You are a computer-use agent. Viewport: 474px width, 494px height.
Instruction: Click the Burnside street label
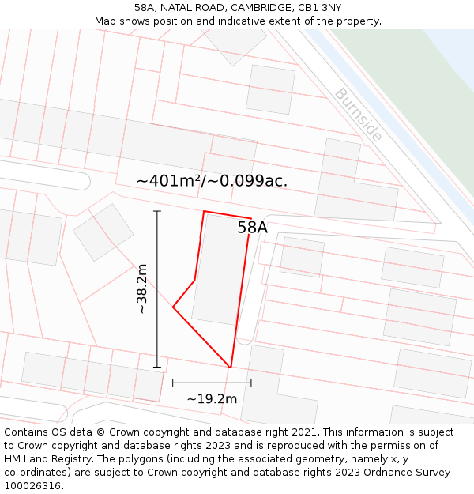pos(358,115)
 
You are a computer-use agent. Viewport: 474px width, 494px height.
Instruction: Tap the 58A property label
pos(252,228)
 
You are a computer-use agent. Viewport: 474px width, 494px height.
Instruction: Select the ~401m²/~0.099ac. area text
pos(212,181)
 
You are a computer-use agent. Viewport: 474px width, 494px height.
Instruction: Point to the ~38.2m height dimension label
pos(142,288)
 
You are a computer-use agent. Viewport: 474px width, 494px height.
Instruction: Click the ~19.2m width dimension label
pos(212,399)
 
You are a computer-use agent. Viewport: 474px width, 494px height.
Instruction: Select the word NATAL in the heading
pos(178,8)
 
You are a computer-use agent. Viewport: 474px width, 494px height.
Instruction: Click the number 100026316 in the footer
pos(32,486)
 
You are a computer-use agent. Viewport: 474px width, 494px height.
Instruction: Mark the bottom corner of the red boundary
pos(230,367)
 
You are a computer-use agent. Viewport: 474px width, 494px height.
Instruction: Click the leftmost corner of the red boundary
pos(173,307)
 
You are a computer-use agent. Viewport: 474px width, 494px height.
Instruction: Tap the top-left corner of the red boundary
pos(204,211)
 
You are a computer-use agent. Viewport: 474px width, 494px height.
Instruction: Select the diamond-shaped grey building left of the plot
pos(103,232)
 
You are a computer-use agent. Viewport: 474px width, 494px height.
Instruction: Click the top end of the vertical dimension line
pos(157,211)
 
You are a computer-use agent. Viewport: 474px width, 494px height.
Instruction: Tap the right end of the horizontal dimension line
pos(251,383)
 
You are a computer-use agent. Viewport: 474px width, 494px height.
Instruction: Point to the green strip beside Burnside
pos(403,87)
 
